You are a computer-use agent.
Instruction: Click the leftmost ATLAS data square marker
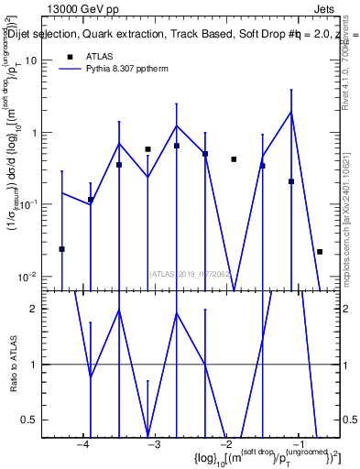click(x=61, y=249)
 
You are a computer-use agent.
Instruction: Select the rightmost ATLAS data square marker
click(x=320, y=251)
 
